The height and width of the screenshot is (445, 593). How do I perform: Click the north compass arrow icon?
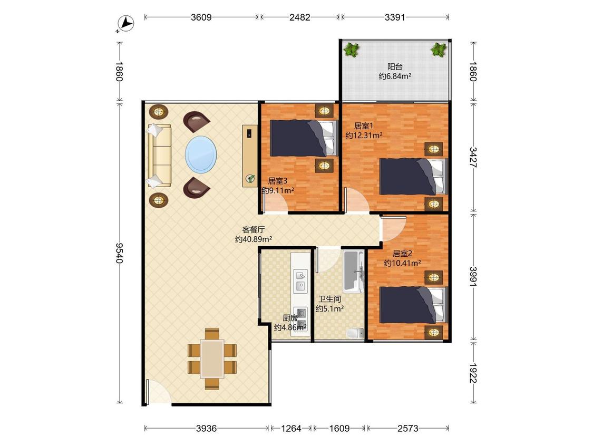(126, 24)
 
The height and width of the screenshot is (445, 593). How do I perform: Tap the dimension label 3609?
(201, 17)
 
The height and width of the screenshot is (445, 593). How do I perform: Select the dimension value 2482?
(300, 17)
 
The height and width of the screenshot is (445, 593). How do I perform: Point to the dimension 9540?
(119, 253)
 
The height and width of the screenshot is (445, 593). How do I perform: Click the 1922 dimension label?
(473, 373)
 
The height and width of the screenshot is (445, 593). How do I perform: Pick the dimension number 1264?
(291, 428)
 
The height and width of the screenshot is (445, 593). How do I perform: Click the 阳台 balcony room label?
(395, 66)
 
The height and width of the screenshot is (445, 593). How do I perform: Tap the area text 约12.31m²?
(364, 135)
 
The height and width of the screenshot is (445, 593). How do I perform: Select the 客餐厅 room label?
(254, 229)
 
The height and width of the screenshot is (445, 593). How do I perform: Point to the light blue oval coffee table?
(201, 155)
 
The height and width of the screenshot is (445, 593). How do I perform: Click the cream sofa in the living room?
(159, 156)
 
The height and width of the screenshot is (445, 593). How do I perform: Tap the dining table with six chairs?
(212, 359)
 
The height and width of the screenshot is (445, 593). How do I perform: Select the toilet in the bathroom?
(355, 333)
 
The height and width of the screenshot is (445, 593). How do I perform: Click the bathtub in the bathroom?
(354, 272)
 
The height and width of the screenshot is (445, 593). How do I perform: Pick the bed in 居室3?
(303, 138)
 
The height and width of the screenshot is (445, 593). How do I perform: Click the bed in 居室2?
(413, 305)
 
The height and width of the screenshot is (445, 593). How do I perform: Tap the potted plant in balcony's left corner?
(352, 50)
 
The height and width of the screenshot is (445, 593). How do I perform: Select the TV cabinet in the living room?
(250, 156)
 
